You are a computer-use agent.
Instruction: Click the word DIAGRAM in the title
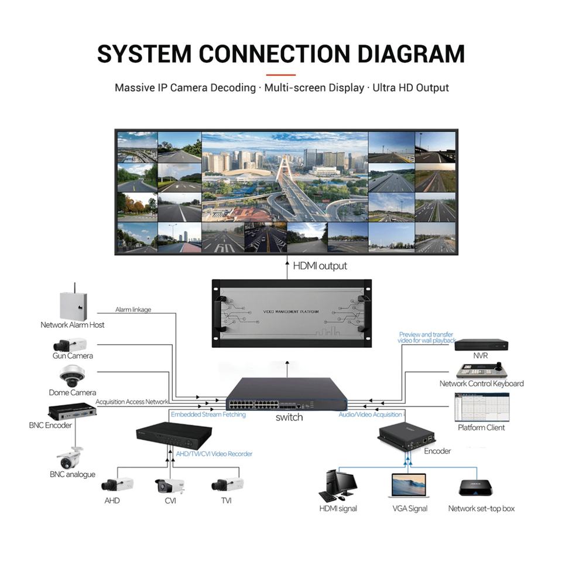pyautogui.click(x=411, y=54)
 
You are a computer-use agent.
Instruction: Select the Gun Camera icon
pyautogui.click(x=70, y=345)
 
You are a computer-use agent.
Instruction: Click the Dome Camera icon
pyautogui.click(x=72, y=376)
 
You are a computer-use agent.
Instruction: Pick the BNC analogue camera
pyautogui.click(x=70, y=458)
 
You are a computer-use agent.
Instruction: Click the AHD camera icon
pyautogui.click(x=117, y=484)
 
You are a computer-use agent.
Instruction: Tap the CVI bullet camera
pyautogui.click(x=170, y=486)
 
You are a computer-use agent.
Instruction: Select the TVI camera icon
pyautogui.click(x=227, y=484)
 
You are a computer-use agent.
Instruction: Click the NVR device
pyautogui.click(x=481, y=345)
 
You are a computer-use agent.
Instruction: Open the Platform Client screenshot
pyautogui.click(x=482, y=407)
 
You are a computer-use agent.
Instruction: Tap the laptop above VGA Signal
pyautogui.click(x=409, y=486)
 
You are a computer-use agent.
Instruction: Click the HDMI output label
pyautogui.click(x=320, y=266)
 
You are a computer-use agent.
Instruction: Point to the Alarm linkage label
pyautogui.click(x=133, y=309)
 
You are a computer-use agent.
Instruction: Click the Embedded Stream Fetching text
pyautogui.click(x=208, y=414)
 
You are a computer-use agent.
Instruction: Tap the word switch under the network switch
pyautogui.click(x=289, y=417)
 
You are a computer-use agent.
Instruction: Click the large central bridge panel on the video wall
pyautogui.click(x=285, y=177)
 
